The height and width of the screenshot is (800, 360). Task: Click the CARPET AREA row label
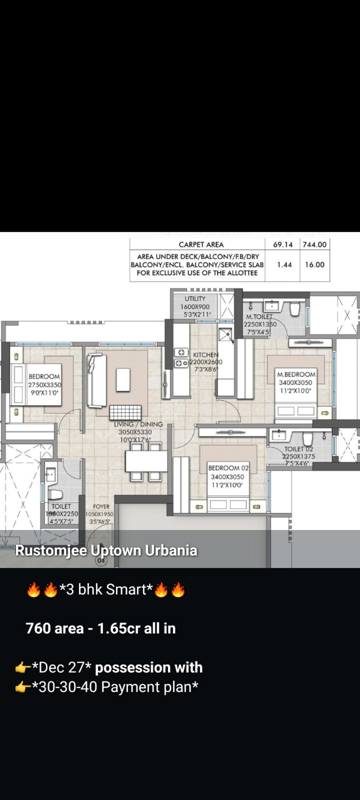tap(201, 244)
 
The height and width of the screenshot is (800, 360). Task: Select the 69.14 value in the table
tap(283, 244)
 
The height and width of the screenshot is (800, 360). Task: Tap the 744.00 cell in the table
tap(315, 244)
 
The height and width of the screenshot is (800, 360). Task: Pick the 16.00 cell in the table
tap(315, 265)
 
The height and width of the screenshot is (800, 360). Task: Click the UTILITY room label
tap(195, 299)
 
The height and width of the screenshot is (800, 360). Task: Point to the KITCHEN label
tap(205, 355)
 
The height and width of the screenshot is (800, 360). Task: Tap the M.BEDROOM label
tap(296, 374)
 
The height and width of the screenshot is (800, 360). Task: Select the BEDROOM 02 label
tap(228, 468)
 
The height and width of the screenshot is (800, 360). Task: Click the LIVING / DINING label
tap(138, 425)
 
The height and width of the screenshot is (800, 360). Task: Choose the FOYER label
tap(101, 507)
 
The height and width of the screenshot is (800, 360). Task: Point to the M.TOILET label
tap(259, 317)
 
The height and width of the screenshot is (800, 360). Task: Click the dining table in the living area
tap(146, 461)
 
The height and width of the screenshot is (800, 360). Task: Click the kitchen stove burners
tap(181, 357)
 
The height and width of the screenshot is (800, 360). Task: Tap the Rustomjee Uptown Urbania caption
tap(106, 551)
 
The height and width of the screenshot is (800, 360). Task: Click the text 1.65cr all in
tap(137, 629)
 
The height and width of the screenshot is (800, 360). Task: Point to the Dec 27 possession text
tap(116, 668)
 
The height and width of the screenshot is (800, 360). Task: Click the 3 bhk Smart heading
tap(106, 590)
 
